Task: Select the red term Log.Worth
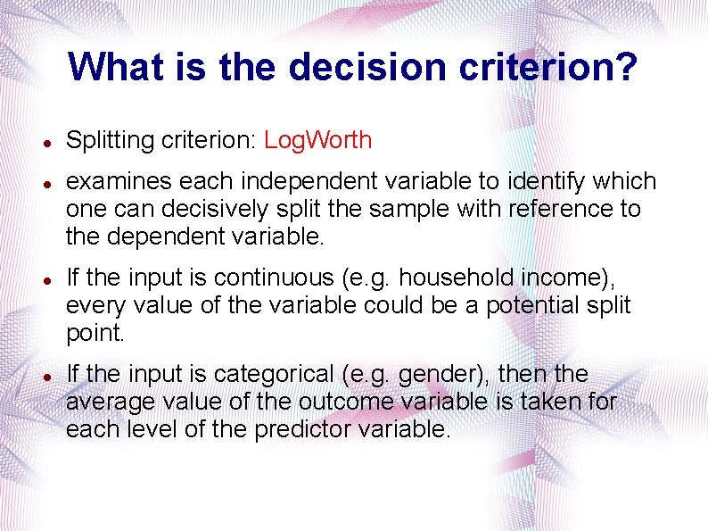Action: (x=318, y=140)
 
